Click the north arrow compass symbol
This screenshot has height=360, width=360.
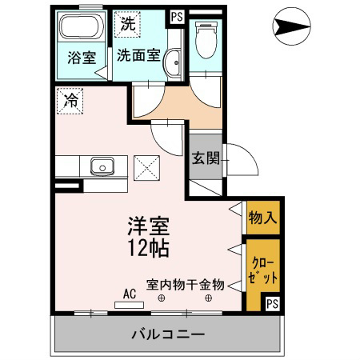click(291, 26)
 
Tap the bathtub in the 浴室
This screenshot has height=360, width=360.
click(82, 26)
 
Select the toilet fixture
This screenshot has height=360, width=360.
click(206, 40)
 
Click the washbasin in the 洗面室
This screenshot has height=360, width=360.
click(173, 63)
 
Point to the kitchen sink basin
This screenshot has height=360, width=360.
click(102, 166)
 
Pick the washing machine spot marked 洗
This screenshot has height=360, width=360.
click(127, 24)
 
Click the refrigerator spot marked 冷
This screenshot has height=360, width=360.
click(70, 102)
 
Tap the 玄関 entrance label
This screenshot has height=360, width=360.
click(206, 158)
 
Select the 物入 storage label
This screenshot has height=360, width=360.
click(262, 218)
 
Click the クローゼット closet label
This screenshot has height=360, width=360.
click(262, 270)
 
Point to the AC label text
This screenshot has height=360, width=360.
click(130, 294)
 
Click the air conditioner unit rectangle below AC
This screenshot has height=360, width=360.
click(130, 305)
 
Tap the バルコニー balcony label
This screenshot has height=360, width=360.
click(169, 334)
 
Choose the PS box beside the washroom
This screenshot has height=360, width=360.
click(177, 17)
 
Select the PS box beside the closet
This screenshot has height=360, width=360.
click(272, 303)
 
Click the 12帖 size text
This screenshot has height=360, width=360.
click(149, 248)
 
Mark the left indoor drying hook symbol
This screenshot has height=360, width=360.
click(161, 298)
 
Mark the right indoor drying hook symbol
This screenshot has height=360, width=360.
click(209, 298)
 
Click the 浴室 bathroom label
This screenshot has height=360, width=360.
click(82, 57)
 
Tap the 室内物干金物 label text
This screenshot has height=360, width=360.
click(186, 285)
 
